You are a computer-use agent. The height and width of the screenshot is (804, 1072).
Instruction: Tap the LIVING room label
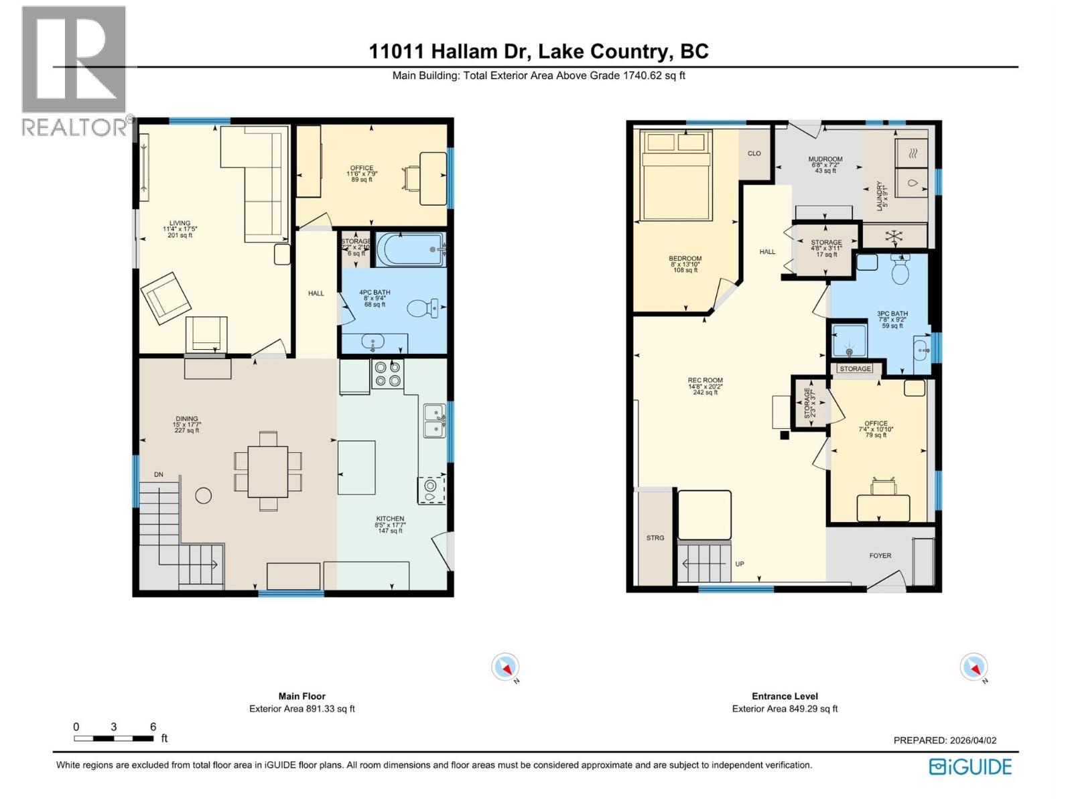(x=180, y=223)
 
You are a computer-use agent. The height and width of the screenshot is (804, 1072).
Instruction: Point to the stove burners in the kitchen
(x=387, y=374)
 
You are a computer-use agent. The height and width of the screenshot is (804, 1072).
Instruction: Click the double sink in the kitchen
(x=433, y=420)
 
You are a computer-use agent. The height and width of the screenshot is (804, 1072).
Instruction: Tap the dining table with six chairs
(x=268, y=471)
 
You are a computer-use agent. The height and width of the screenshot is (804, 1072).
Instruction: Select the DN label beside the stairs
(x=159, y=474)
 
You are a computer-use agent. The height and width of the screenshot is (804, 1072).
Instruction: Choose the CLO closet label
(x=754, y=153)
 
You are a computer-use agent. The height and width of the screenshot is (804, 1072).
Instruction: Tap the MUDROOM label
(x=825, y=159)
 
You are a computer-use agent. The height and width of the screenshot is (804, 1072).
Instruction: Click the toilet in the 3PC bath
(x=900, y=271)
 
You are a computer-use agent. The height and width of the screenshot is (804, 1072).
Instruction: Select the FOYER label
(x=880, y=555)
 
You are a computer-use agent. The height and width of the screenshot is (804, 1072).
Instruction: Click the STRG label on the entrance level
(x=655, y=537)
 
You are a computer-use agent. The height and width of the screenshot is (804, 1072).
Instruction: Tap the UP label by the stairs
(x=740, y=564)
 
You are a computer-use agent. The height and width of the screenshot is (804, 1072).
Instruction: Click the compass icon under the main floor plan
(x=505, y=667)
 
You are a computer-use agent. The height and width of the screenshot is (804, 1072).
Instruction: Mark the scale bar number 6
(x=153, y=727)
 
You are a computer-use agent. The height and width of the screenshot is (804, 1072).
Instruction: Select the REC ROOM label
(x=705, y=380)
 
